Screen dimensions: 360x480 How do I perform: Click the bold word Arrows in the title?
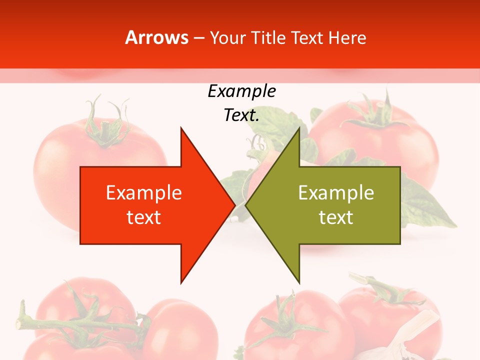[x=157, y=37]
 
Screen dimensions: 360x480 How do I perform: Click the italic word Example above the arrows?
[x=241, y=91]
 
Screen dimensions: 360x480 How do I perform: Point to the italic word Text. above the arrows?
[x=241, y=115]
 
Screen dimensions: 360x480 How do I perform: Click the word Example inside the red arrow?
[x=144, y=192]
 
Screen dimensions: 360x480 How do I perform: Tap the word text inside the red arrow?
[x=144, y=217]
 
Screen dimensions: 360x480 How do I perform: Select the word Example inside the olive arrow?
[x=336, y=192]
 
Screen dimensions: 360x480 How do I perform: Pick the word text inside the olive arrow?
[x=336, y=217]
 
